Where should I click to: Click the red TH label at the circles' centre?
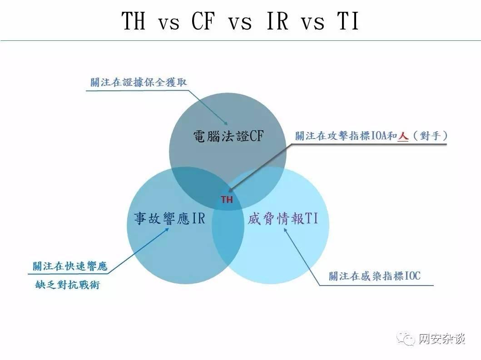click(x=227, y=200)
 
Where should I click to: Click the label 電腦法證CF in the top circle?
click(x=228, y=136)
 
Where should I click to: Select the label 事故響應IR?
click(x=169, y=219)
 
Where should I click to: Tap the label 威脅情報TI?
click(x=283, y=219)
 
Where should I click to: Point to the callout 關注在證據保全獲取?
click(x=139, y=82)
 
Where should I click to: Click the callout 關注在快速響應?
click(x=70, y=266)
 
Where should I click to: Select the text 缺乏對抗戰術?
click(x=68, y=285)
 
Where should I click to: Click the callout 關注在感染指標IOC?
click(x=375, y=276)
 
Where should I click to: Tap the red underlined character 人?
click(x=403, y=136)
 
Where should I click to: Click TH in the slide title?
click(x=134, y=20)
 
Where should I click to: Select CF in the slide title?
click(x=203, y=20)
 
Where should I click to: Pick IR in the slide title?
click(x=278, y=20)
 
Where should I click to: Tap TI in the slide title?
click(x=348, y=20)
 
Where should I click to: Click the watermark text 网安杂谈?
click(x=442, y=339)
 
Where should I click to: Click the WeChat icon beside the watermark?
click(x=406, y=339)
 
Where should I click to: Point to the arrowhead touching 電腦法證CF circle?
click(x=225, y=123)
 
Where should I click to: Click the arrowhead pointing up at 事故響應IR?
click(x=167, y=229)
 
